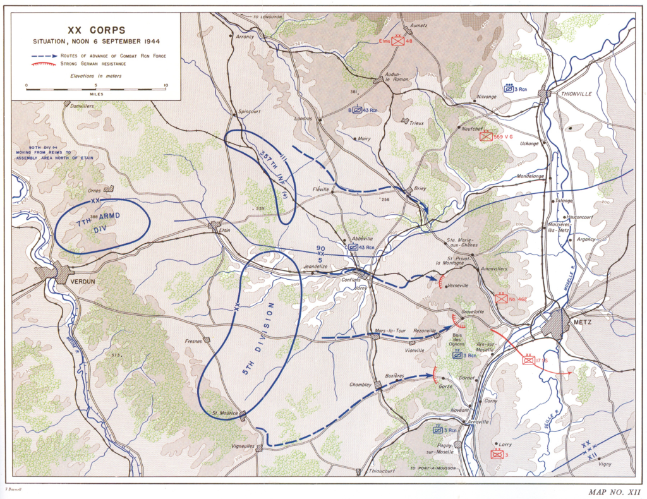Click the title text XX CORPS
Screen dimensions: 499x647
click(x=97, y=30)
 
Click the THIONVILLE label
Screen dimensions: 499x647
click(x=577, y=93)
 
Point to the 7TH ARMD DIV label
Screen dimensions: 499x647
click(x=101, y=222)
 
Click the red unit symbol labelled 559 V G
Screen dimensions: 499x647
click(x=485, y=136)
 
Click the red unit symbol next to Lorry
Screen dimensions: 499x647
click(x=497, y=454)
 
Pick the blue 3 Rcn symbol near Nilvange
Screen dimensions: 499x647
click(x=509, y=90)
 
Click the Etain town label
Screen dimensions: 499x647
click(x=225, y=231)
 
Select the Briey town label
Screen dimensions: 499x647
click(x=420, y=188)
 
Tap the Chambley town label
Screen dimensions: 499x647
click(x=360, y=385)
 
